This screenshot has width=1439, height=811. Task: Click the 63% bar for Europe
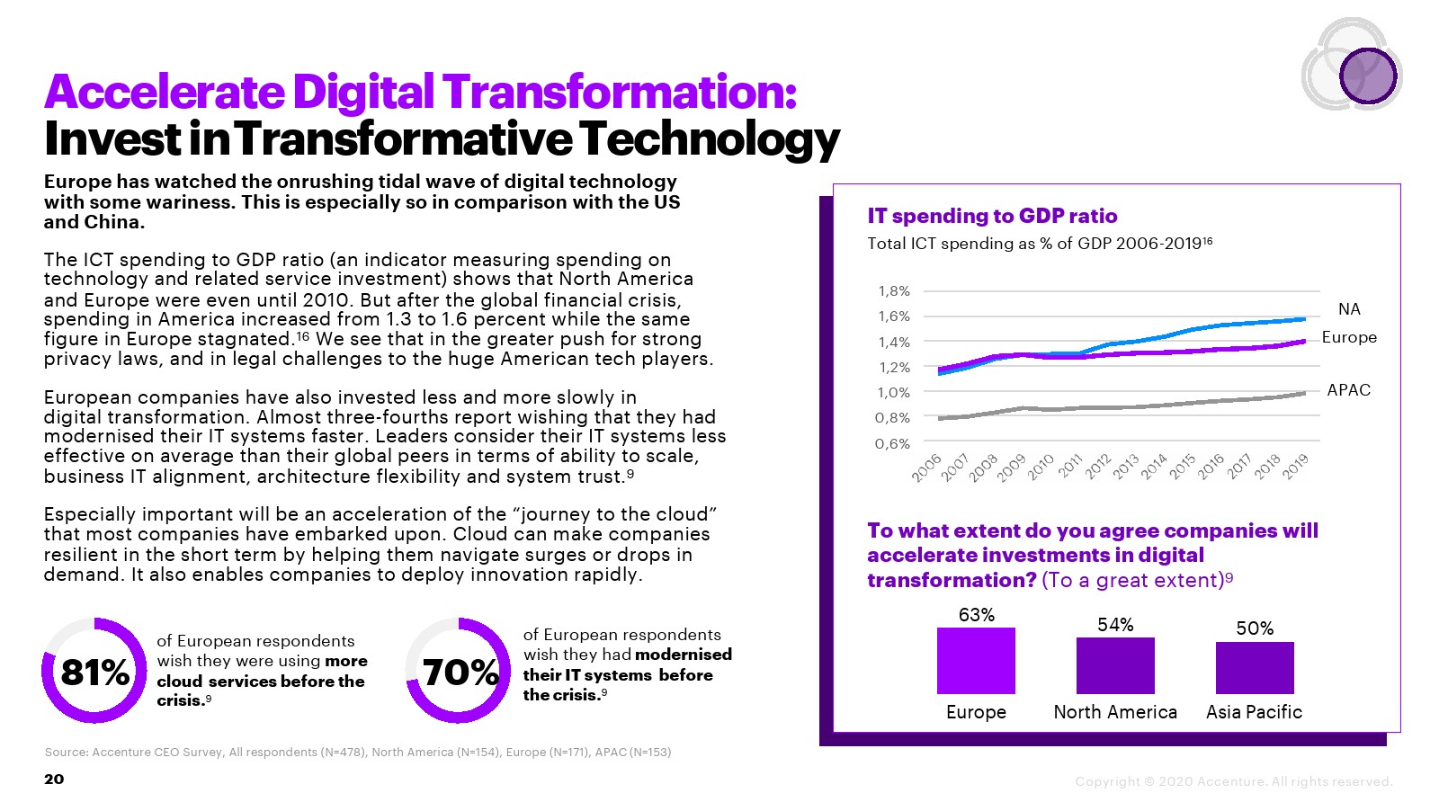976,660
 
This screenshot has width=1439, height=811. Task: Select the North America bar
1115,665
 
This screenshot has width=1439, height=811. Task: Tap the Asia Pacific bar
1255,667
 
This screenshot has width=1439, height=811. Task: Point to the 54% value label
1115,625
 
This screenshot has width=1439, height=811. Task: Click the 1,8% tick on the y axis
893,291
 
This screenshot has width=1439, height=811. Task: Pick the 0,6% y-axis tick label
893,443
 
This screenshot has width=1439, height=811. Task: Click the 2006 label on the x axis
926,468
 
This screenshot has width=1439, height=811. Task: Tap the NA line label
1349,309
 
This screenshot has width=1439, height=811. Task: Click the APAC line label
1349,390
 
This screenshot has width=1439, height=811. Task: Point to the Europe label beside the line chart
1349,337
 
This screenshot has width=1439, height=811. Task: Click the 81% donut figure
94,671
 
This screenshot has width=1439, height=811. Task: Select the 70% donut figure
459,671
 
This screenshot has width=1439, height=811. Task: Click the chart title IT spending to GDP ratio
992,216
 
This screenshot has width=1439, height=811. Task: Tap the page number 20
54,779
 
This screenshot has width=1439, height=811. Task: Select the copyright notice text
1234,781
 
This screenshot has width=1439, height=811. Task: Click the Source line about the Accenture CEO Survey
358,752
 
